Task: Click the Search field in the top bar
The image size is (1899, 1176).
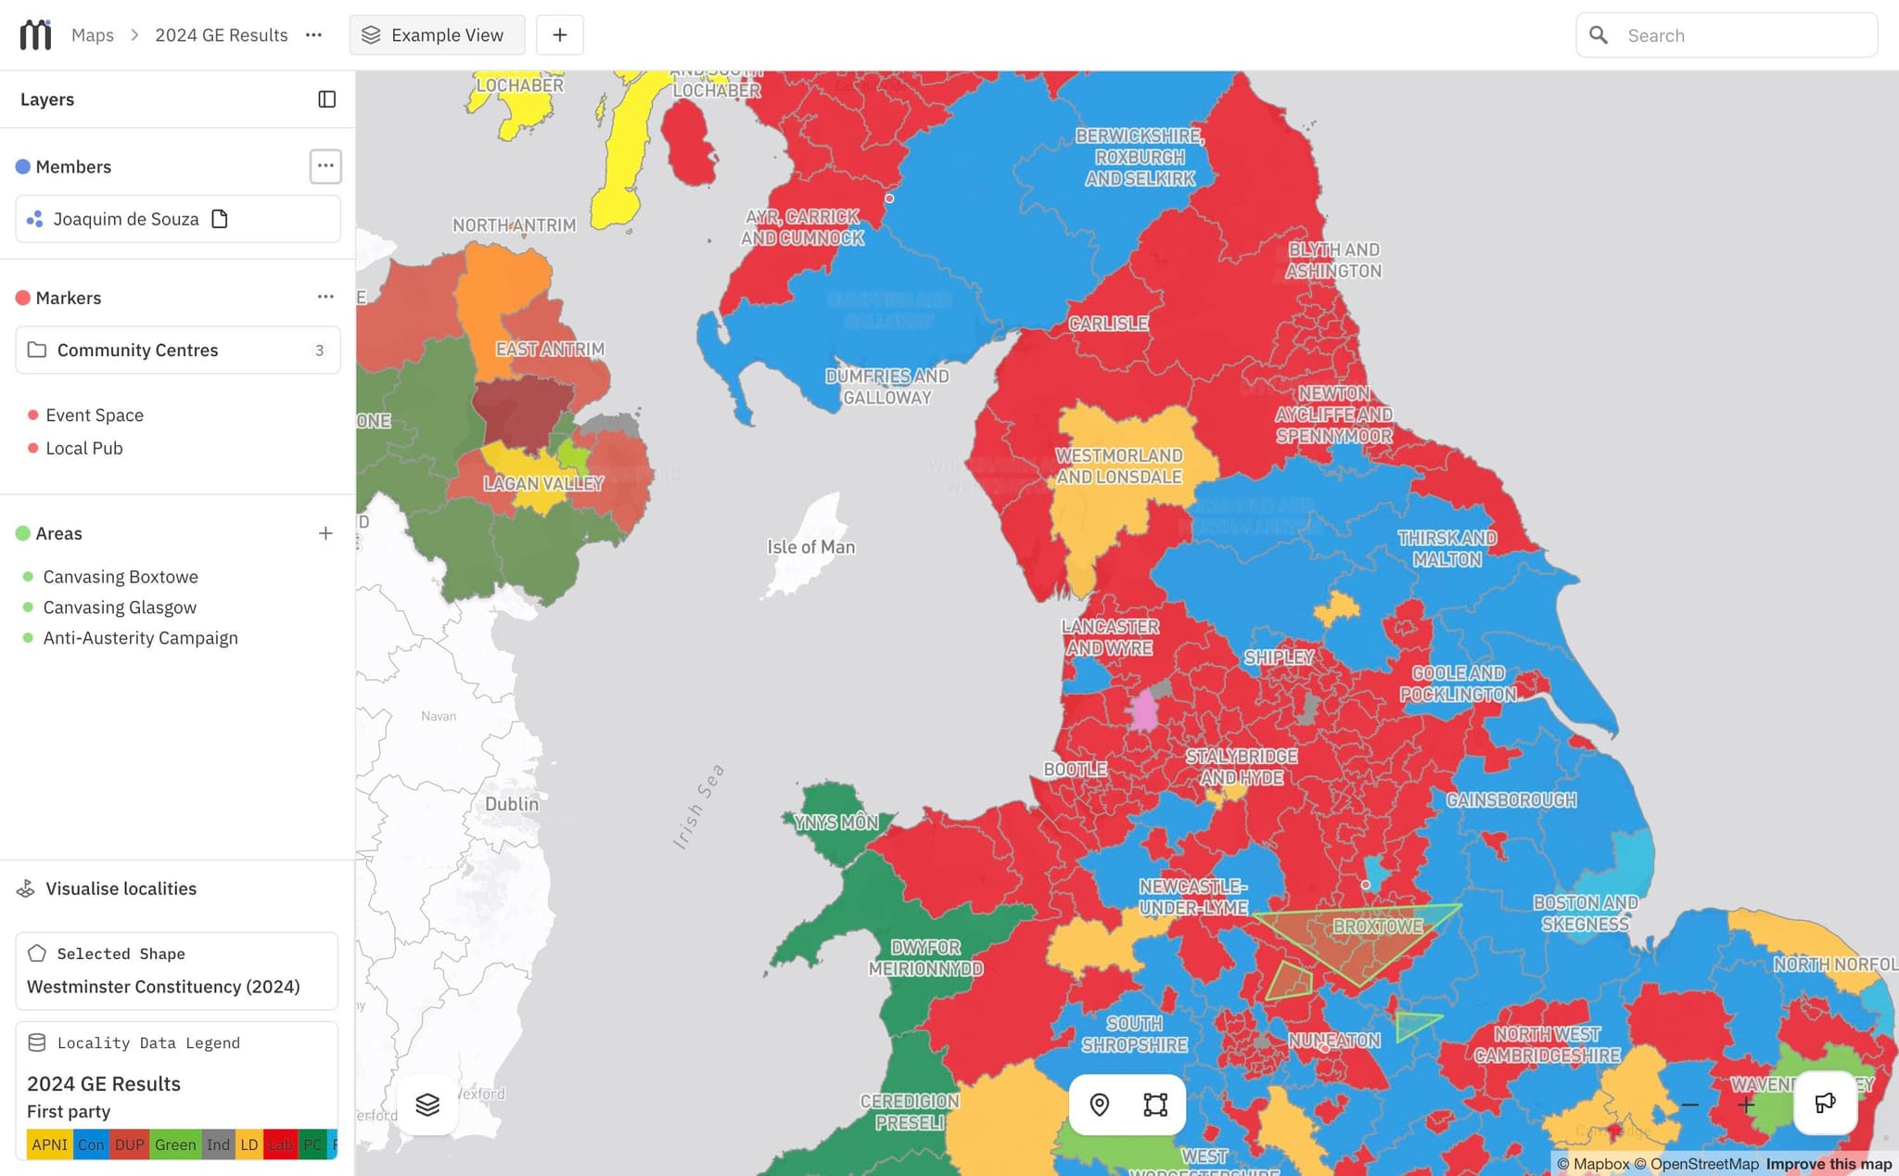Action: [1743, 35]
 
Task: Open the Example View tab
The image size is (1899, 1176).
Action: [437, 35]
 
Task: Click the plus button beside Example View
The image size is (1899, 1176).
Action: [559, 35]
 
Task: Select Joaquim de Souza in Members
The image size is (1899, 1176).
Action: [126, 219]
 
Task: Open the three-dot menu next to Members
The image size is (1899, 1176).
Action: [325, 167]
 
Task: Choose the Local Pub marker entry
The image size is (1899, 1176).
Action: [84, 448]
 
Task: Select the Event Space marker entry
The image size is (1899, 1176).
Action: [95, 415]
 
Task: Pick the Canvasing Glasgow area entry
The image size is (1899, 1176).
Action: [120, 607]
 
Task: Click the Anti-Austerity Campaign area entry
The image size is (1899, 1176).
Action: [140, 638]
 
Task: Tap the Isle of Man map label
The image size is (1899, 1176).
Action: [810, 547]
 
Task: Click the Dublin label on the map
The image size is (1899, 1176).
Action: [511, 804]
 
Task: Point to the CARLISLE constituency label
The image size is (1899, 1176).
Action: [1108, 324]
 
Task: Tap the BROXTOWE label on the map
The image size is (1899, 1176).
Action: [1378, 927]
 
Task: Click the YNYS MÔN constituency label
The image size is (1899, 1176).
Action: [835, 823]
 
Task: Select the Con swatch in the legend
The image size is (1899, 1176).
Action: [91, 1144]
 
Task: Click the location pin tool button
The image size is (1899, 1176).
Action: [1099, 1105]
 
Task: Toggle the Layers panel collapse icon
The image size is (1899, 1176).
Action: [326, 99]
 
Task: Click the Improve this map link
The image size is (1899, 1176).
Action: [1828, 1164]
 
